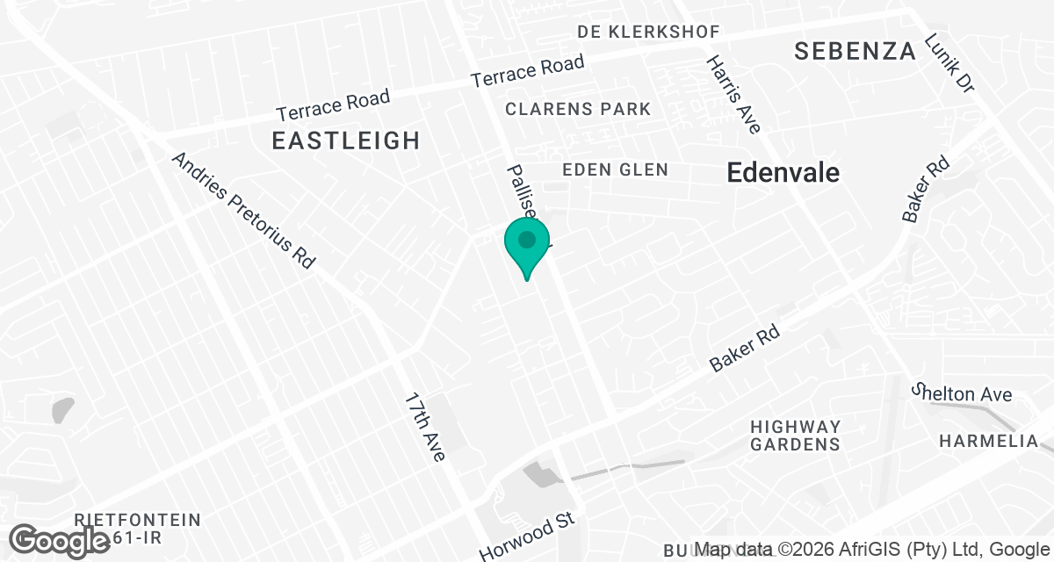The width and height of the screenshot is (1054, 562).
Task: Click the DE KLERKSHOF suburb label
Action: coord(648,32)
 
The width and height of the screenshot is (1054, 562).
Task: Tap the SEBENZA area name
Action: coord(855,51)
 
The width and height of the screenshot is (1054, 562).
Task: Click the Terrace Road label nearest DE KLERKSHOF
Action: coord(527,71)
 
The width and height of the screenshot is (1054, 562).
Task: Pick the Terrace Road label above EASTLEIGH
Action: coord(333,106)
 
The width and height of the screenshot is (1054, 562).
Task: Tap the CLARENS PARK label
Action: coord(578,109)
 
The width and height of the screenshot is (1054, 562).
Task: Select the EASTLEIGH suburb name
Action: coord(345,140)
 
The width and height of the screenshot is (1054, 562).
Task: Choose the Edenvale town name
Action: coord(783,173)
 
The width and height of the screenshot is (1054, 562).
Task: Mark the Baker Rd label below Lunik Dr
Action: coord(913,189)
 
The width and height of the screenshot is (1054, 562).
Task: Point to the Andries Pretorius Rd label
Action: coord(243,211)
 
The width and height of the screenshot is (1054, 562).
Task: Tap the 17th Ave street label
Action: coord(425,426)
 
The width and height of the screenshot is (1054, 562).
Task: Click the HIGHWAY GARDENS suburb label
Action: coord(796,435)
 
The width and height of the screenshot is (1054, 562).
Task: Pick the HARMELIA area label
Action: coord(988,441)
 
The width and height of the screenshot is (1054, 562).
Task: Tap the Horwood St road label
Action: coord(526,537)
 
